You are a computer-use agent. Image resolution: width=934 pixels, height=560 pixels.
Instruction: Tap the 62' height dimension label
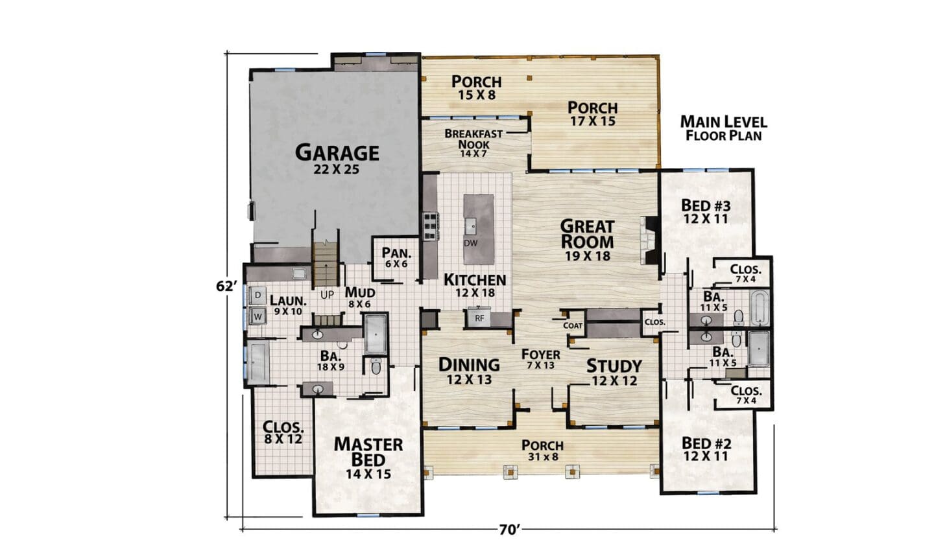(227, 286)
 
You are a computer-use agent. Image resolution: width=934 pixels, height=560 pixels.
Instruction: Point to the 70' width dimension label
(510, 530)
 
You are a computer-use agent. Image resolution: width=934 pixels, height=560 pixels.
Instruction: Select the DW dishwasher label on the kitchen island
(471, 243)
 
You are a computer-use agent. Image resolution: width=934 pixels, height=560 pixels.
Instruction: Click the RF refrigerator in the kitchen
(479, 318)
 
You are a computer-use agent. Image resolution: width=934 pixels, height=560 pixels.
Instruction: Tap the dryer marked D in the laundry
(257, 295)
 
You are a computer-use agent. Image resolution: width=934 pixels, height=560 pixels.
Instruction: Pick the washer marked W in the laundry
(257, 317)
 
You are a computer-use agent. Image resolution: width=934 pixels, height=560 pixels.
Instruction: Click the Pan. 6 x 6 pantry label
(396, 258)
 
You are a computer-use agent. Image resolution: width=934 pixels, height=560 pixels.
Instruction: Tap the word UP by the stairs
(328, 295)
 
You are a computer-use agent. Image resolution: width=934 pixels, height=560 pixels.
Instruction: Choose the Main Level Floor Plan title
(724, 128)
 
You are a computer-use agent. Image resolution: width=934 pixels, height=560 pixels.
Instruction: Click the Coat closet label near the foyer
(573, 325)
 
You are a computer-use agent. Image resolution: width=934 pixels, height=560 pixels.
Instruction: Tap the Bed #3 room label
(706, 212)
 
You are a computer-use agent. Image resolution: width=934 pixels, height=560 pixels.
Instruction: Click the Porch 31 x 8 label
(542, 450)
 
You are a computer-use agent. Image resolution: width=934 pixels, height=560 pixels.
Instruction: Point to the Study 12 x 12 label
(614, 372)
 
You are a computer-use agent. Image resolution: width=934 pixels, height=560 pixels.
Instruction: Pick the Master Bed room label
(368, 458)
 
